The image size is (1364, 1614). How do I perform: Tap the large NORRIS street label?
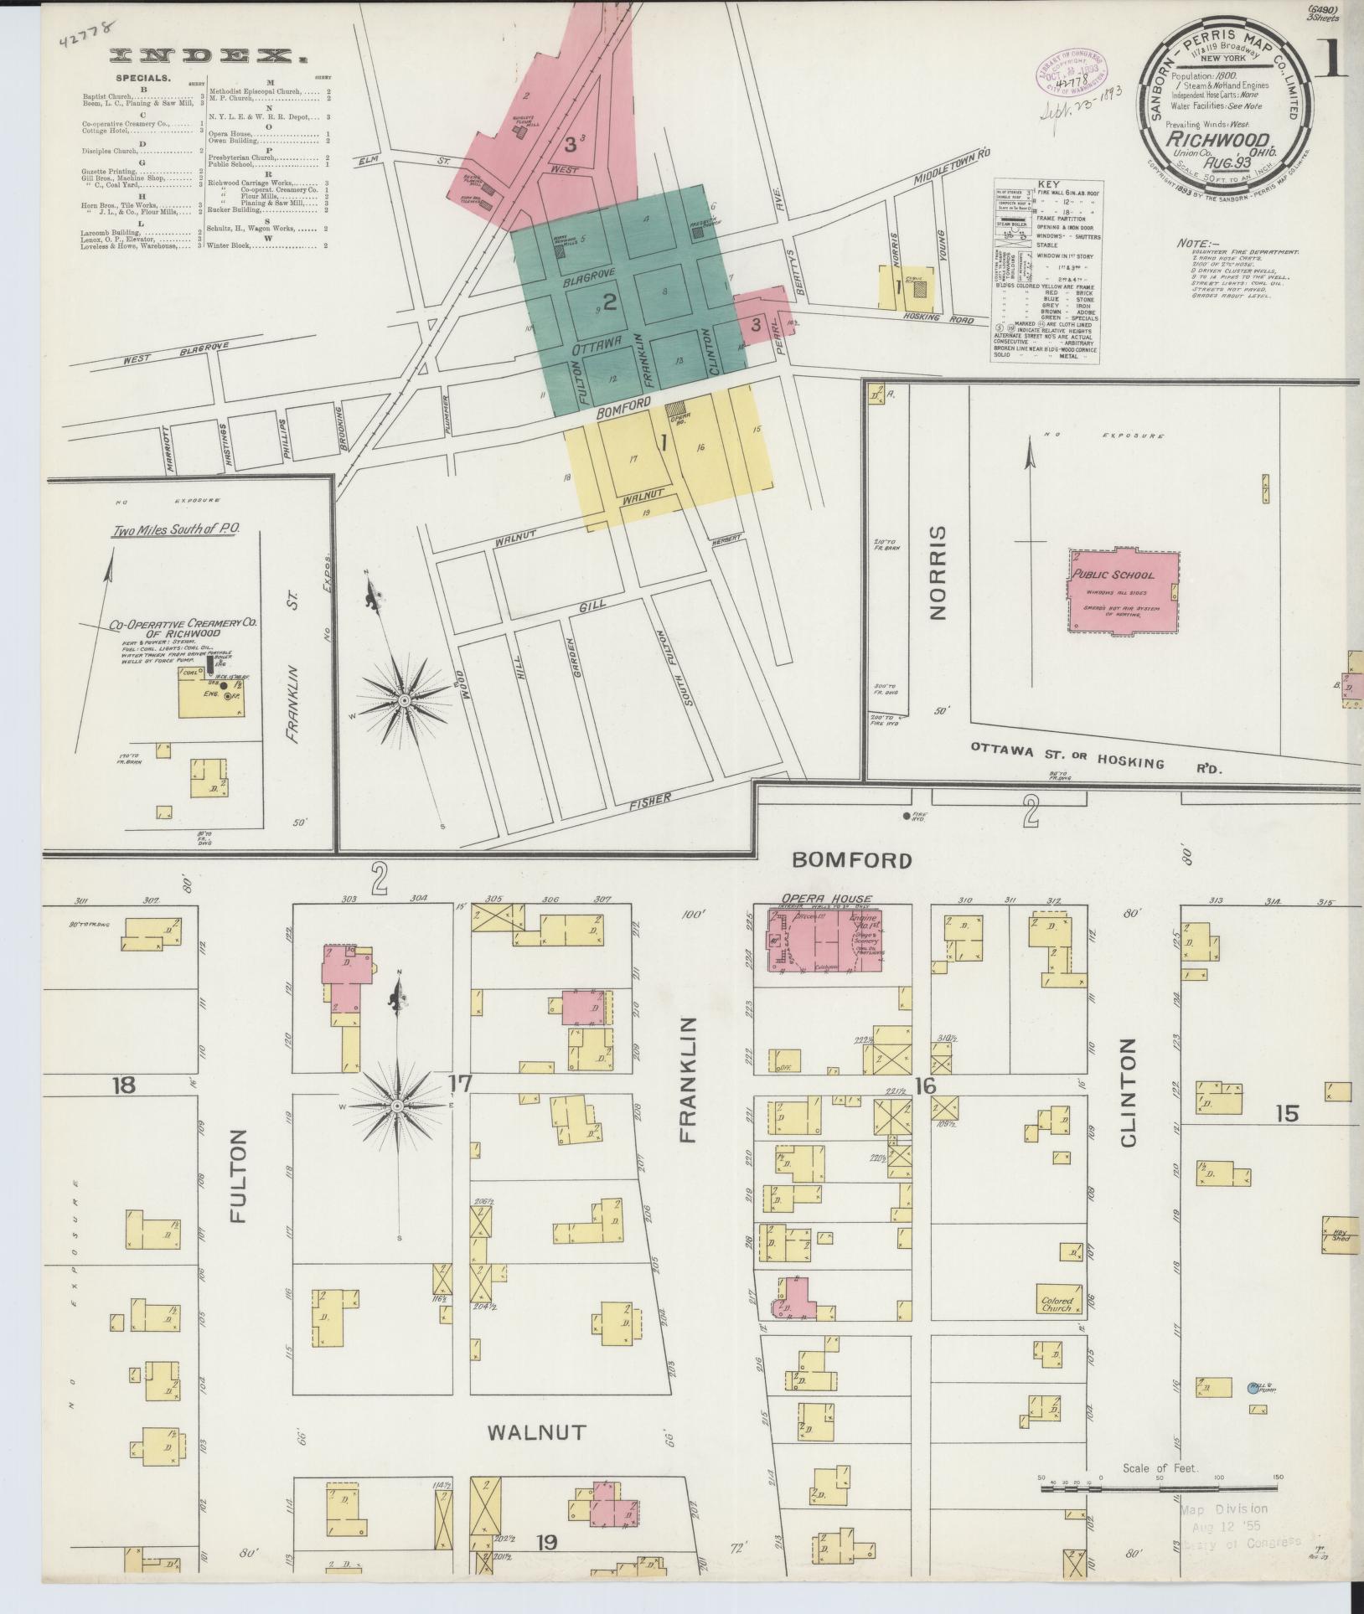(938, 573)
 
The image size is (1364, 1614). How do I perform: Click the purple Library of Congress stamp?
(1069, 75)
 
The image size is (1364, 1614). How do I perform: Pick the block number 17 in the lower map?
(460, 1083)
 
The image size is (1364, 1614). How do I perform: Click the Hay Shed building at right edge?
(1340, 1235)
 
